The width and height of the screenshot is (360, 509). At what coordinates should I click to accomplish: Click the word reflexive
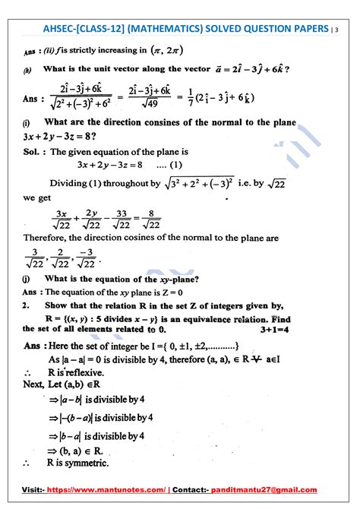click(x=87, y=373)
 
